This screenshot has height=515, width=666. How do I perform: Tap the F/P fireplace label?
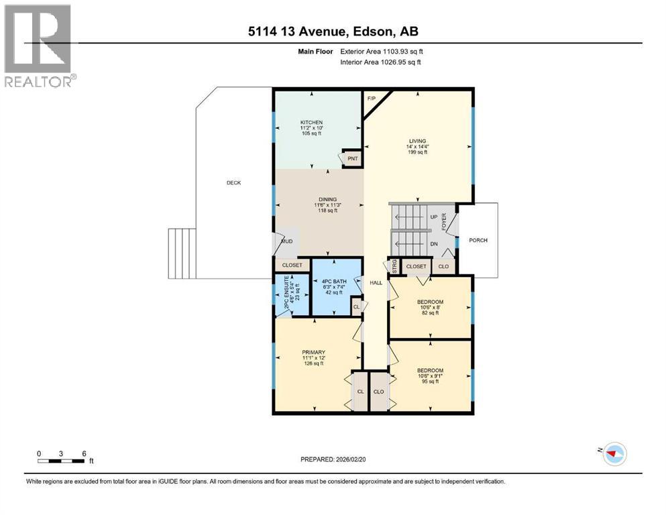(371, 99)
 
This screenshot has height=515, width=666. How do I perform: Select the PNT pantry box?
(351, 159)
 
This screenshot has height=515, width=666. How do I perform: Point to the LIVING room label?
(417, 141)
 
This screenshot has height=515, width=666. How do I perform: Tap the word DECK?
(233, 182)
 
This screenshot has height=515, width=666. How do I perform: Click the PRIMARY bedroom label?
(313, 352)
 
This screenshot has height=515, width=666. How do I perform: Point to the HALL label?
(376, 283)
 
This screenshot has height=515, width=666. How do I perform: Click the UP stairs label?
(433, 217)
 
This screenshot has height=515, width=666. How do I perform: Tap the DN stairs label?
(434, 244)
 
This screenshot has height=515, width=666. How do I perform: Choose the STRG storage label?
(394, 266)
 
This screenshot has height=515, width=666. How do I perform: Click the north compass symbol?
(613, 453)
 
